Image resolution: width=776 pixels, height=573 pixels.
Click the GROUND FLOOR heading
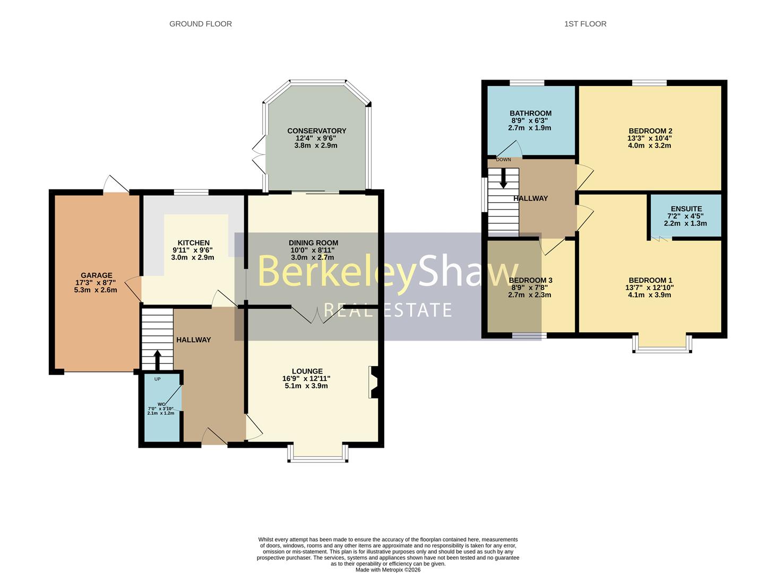tap(201, 24)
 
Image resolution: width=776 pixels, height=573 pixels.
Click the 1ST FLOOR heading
tap(585, 24)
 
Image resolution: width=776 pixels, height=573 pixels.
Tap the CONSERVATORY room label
tap(317, 131)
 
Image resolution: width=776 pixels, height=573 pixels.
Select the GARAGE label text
tap(97, 275)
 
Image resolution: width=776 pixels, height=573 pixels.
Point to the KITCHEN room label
tap(194, 243)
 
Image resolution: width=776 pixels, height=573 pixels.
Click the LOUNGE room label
tap(307, 371)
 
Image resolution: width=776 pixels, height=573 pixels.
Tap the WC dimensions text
tap(161, 411)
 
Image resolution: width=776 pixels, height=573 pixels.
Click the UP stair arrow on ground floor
tap(158, 360)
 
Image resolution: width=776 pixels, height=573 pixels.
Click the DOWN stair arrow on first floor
tap(503, 178)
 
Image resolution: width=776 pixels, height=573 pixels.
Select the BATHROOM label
tap(530, 114)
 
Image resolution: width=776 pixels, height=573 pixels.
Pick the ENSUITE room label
tap(686, 209)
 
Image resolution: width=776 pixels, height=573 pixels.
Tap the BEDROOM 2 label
tap(650, 131)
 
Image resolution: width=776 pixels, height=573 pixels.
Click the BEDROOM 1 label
tap(650, 280)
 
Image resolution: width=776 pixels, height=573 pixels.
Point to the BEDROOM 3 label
tap(530, 280)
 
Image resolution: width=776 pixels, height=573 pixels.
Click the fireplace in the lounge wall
tap(374, 382)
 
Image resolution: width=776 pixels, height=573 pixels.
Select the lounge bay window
tap(318, 454)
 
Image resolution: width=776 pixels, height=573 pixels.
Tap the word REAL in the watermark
tap(347, 310)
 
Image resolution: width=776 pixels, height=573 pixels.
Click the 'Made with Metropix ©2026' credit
tap(388, 570)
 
